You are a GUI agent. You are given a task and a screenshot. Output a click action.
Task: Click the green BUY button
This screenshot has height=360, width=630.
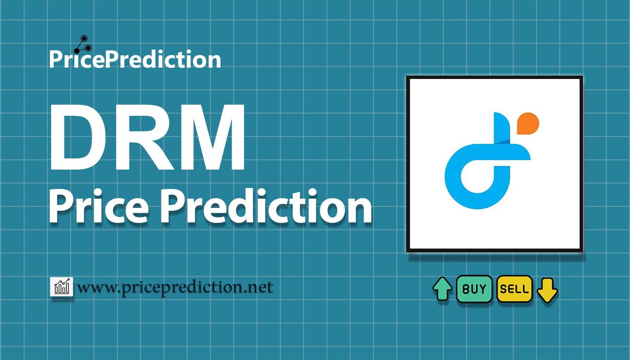click(474, 289)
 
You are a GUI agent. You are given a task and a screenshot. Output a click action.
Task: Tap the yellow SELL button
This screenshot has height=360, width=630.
click(515, 289)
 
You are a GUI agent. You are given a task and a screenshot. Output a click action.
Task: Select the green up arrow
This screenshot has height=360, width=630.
click(442, 289)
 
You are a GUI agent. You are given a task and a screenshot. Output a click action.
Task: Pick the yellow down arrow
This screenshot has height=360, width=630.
click(547, 290)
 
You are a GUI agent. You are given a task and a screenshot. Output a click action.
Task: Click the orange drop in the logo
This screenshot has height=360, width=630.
click(528, 124)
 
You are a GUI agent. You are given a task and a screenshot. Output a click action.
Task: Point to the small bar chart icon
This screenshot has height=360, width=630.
click(62, 286)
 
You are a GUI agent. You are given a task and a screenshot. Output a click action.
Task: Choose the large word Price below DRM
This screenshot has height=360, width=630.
click(99, 207)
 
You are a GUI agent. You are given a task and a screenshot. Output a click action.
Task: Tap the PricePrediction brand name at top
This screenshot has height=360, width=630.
click(135, 59)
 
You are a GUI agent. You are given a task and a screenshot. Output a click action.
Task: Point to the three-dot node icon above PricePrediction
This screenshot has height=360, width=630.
click(83, 44)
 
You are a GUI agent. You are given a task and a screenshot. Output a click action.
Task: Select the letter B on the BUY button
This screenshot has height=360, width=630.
click(466, 289)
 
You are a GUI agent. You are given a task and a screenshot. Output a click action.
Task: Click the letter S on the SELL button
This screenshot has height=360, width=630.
click(504, 289)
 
